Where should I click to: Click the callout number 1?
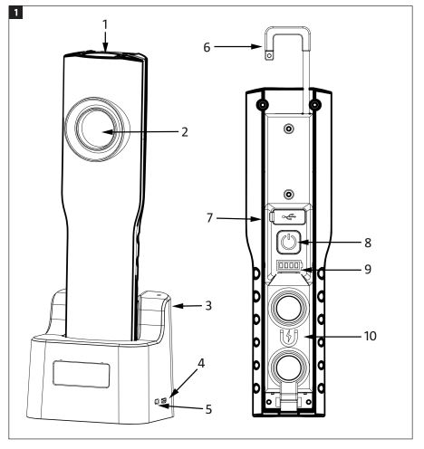point(105,24)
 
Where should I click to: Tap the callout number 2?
point(185,132)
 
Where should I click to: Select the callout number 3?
point(208,306)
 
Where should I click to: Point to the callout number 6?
point(207,46)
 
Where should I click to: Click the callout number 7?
point(209,218)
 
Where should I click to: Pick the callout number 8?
point(368,243)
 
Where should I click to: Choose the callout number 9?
point(368,269)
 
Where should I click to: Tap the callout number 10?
point(371,336)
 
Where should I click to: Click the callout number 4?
point(201,364)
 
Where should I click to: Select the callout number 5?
point(208,409)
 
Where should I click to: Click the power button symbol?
point(289,242)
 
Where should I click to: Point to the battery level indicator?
point(289,265)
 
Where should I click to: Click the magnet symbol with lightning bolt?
point(289,338)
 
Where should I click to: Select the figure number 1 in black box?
point(15,13)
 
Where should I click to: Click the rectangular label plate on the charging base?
point(81,374)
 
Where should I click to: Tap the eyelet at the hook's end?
point(269,55)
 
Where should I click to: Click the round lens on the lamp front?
point(96,129)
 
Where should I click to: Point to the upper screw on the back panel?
point(289,129)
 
